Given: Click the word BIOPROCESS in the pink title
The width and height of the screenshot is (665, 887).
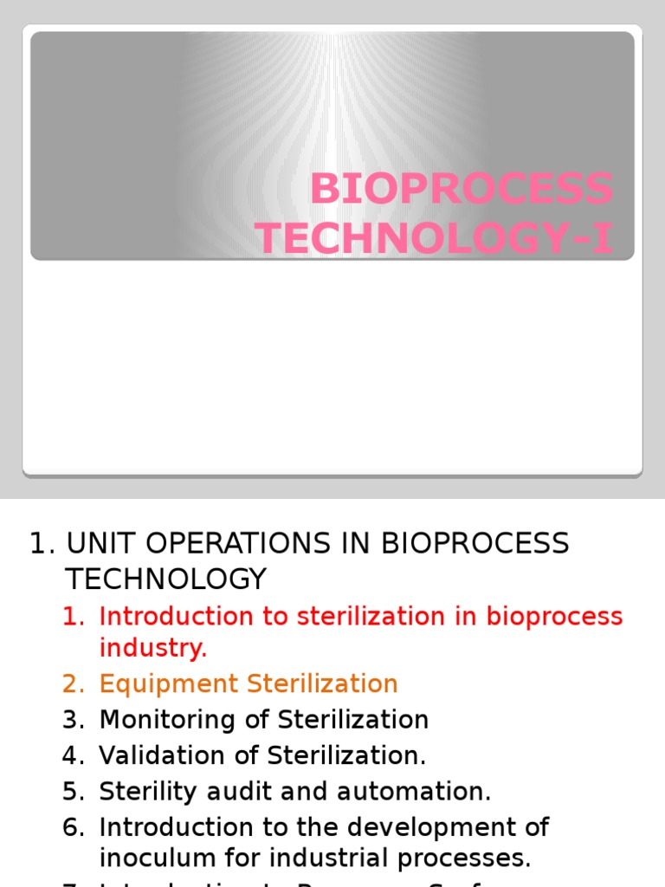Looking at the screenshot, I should pyautogui.click(x=461, y=190).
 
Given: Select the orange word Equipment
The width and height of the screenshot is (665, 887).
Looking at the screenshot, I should pyautogui.click(x=170, y=683).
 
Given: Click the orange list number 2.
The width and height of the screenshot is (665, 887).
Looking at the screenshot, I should pyautogui.click(x=74, y=683).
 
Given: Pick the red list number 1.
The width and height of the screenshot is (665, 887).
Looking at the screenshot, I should pyautogui.click(x=74, y=616).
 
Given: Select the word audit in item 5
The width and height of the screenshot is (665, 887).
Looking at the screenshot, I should pyautogui.click(x=231, y=791).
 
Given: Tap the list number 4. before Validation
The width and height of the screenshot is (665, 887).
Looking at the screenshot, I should pyautogui.click(x=74, y=755).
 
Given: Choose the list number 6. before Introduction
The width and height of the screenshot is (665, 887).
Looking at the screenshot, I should pyautogui.click(x=74, y=827).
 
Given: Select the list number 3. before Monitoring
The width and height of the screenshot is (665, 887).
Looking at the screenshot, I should pyautogui.click(x=74, y=719).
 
